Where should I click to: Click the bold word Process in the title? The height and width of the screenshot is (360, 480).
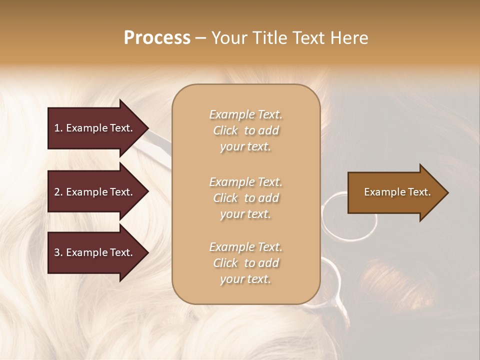click(x=157, y=38)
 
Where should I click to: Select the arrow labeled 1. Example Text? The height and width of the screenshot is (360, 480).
click(x=95, y=128)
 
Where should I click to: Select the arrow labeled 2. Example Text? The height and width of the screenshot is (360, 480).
click(x=95, y=192)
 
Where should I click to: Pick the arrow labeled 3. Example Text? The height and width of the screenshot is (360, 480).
click(x=95, y=252)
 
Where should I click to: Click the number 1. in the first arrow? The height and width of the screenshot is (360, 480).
click(x=58, y=128)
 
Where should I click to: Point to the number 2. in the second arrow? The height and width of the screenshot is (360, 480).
click(x=58, y=192)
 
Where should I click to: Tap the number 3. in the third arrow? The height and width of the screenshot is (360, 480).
click(x=58, y=252)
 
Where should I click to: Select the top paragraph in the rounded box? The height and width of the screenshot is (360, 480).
click(x=245, y=130)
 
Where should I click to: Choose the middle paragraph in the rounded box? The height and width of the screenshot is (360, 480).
click(x=245, y=198)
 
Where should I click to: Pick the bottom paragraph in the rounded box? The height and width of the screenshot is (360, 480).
click(x=245, y=263)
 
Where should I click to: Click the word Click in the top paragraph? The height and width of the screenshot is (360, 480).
click(x=225, y=130)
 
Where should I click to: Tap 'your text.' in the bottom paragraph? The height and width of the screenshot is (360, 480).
click(x=245, y=279)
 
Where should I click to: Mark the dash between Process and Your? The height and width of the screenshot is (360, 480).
click(x=200, y=38)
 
